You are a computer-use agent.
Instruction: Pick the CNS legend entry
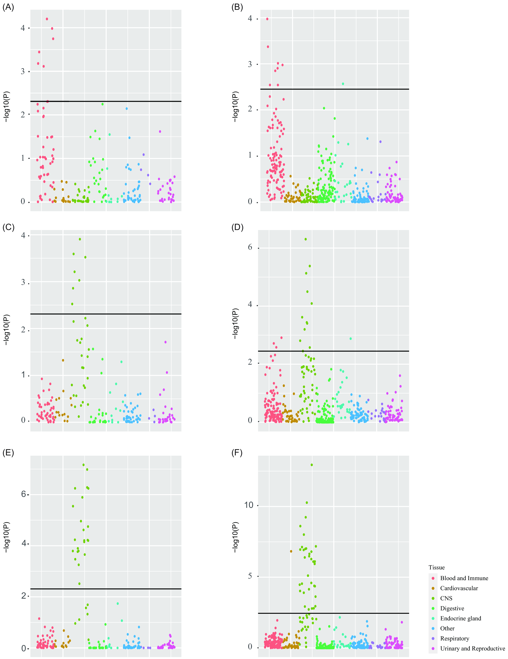pyautogui.click(x=446, y=598)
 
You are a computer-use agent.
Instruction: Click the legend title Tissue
pyautogui.click(x=436, y=567)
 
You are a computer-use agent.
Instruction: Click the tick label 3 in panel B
pyautogui.click(x=250, y=64)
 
